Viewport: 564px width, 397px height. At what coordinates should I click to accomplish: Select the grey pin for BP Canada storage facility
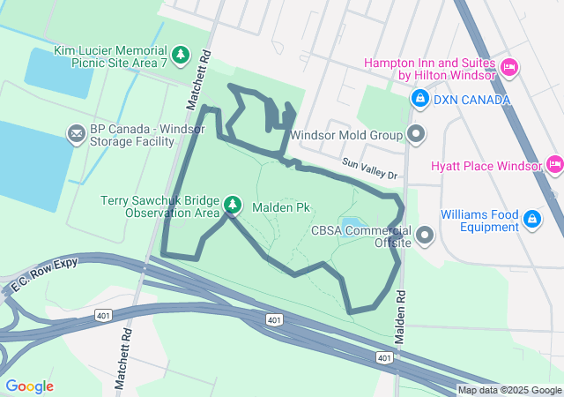(77, 134)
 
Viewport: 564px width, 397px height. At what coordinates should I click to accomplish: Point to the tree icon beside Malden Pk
(233, 206)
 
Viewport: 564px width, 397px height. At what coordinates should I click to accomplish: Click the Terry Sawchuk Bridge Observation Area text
(160, 206)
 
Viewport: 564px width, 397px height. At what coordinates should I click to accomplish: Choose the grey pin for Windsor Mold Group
(416, 136)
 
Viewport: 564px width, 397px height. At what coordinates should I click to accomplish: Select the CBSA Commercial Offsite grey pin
(426, 236)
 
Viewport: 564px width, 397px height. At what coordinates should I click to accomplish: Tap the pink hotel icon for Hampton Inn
(508, 68)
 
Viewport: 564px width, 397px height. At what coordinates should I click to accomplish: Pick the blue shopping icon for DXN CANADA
(420, 99)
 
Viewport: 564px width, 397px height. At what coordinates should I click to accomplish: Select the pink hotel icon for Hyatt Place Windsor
(553, 165)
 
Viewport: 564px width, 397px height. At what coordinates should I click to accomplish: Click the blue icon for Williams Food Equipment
(532, 219)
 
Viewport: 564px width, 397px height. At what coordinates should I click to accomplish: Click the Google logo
(29, 386)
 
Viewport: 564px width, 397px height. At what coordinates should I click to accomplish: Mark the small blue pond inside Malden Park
(351, 223)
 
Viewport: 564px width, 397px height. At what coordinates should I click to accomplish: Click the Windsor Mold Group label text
(345, 136)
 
